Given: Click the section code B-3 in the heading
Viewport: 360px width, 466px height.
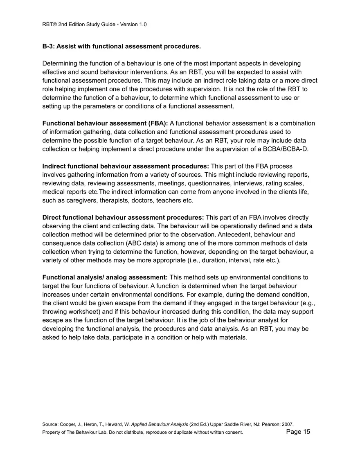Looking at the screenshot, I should (48, 47).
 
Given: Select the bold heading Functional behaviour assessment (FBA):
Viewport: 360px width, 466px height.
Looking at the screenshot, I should (105, 124).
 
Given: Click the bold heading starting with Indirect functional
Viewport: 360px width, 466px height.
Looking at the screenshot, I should (126, 166).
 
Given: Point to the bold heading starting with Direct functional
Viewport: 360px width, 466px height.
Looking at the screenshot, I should (123, 217).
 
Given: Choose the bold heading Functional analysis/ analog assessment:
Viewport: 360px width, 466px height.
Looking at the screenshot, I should (105, 277).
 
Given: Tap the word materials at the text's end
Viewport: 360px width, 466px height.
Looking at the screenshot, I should (232, 337).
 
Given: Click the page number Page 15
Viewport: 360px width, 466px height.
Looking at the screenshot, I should (298, 432).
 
